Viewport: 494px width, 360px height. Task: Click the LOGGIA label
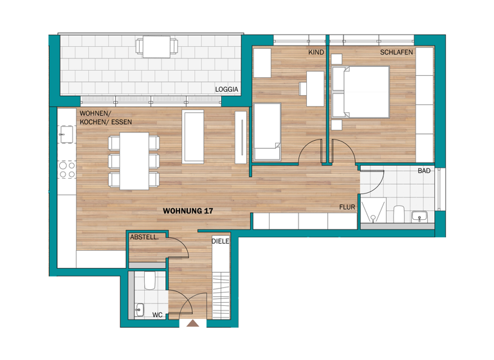point(227,89)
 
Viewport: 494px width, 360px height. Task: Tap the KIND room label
point(315,51)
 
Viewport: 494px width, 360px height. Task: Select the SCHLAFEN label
point(396,51)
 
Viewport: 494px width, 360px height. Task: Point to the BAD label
point(424,171)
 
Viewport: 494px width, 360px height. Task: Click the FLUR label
point(348,207)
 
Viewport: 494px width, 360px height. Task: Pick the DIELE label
point(221,242)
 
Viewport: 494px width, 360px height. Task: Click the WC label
point(157,315)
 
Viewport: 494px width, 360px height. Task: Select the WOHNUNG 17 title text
point(188,210)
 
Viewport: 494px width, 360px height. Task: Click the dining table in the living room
point(134,161)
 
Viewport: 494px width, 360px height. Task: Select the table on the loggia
point(156,46)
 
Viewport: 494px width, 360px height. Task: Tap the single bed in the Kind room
point(268,132)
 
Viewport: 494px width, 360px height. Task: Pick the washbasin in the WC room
point(139,309)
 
